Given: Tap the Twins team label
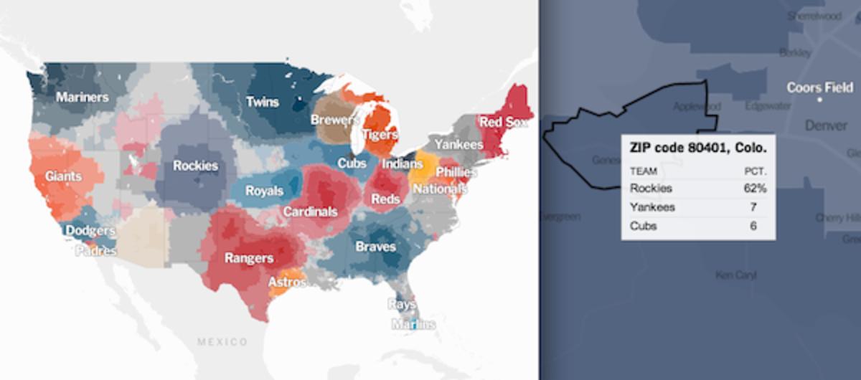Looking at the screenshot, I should [263, 102].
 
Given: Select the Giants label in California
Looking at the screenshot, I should [63, 176].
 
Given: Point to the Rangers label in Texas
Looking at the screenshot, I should [249, 258].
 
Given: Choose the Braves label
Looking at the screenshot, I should [375, 247].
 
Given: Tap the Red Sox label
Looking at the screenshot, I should [502, 123].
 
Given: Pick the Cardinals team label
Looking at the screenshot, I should [310, 212].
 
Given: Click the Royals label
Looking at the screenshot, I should [264, 191].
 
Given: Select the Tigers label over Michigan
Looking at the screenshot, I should [380, 134].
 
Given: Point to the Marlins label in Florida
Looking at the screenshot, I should [413, 324].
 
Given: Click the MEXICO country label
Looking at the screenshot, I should [222, 341].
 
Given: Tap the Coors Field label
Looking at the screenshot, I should [819, 88].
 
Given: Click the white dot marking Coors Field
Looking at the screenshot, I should [819, 100].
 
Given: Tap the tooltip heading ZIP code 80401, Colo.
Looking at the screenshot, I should [698, 148].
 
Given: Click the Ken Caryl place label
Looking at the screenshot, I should [736, 275].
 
